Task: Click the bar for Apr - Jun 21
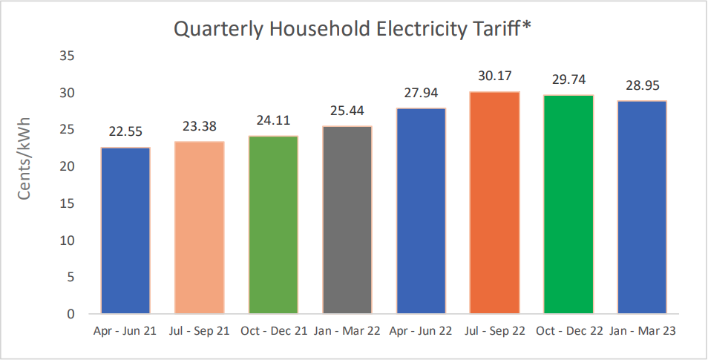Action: (x=125, y=230)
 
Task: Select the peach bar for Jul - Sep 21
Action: (x=199, y=227)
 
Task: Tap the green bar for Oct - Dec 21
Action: (x=273, y=224)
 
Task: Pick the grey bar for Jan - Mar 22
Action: (x=347, y=220)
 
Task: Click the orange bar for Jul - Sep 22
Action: (x=494, y=202)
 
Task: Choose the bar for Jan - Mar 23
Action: (x=642, y=206)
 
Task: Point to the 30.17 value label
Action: (x=495, y=76)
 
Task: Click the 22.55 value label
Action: (x=125, y=131)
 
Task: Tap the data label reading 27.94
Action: (x=421, y=92)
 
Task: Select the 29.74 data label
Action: (x=568, y=79)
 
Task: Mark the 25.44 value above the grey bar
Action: (x=347, y=111)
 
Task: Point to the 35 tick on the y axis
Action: (x=68, y=56)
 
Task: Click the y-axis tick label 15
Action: (x=68, y=203)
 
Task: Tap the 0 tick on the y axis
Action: (x=72, y=314)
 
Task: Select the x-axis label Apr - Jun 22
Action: (x=421, y=331)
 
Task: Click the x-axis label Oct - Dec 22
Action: (x=568, y=331)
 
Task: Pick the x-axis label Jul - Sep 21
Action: (x=199, y=331)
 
